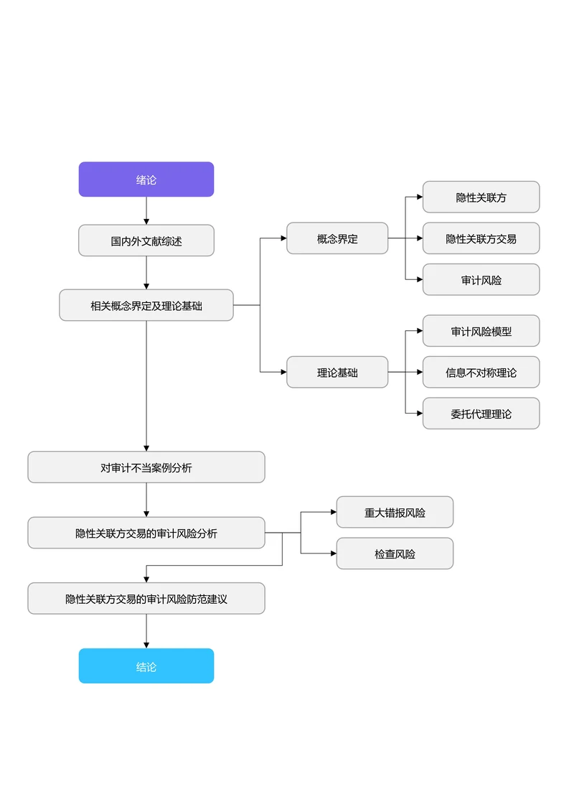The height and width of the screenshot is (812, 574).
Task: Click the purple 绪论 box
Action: [x=146, y=179]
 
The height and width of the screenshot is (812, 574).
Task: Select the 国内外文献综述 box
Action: [x=146, y=241]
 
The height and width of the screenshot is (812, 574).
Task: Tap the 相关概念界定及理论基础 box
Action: [x=146, y=305]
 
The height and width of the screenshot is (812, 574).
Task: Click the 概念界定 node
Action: [x=337, y=238]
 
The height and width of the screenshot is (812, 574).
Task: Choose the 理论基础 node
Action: [x=337, y=372]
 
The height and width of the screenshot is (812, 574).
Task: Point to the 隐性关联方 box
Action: [x=481, y=197]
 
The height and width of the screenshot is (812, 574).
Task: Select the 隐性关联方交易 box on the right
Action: [x=481, y=238]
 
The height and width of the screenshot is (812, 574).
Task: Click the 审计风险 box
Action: [x=481, y=279]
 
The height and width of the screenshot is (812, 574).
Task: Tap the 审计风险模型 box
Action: [x=481, y=331]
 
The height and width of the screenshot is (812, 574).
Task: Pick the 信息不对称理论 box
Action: [x=481, y=372]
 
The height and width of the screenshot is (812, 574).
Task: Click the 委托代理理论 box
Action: [x=481, y=414]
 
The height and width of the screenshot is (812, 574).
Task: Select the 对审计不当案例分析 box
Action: [x=146, y=467]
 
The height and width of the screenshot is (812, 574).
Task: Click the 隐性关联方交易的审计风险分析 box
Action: [x=146, y=533]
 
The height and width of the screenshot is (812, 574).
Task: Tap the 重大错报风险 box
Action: [x=395, y=512]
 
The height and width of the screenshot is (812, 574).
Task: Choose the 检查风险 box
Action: [x=395, y=554]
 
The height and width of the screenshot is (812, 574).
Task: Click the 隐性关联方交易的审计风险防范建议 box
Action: [x=146, y=598]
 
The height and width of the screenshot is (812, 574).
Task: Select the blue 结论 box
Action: [x=146, y=666]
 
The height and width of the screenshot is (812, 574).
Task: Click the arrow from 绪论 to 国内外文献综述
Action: [x=146, y=210]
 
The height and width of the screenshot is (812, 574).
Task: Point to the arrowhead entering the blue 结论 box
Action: [x=146, y=645]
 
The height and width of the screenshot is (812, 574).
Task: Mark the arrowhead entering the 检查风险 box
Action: [x=333, y=554]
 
